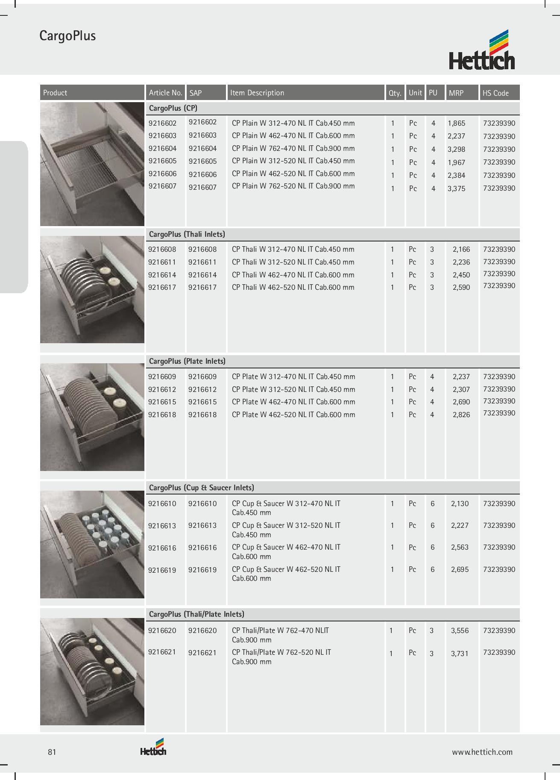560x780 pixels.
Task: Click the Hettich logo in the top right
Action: tap(482, 50)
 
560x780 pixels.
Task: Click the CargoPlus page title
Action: tap(67, 35)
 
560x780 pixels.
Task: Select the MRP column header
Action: tap(456, 93)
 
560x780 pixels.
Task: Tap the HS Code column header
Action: tap(495, 93)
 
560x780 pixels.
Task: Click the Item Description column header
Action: tap(257, 93)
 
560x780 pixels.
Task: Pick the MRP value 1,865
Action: tap(456, 124)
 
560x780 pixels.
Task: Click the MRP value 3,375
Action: tap(456, 188)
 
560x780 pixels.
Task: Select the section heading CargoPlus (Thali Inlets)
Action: tap(187, 234)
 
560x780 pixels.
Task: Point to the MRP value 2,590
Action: tap(461, 287)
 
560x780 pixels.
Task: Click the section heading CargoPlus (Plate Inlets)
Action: tap(187, 361)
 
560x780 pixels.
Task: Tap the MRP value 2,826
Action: tap(461, 415)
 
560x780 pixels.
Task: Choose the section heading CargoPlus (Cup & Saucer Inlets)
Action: tap(201, 488)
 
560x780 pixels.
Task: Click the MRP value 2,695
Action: tap(460, 569)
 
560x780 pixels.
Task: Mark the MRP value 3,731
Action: tap(460, 653)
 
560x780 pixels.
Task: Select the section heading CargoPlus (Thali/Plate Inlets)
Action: tap(196, 614)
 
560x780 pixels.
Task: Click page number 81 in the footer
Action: tap(52, 752)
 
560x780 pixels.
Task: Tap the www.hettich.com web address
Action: tap(482, 752)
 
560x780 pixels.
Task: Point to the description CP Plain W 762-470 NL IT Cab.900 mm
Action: tap(293, 148)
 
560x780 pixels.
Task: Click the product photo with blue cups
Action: tap(92, 544)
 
